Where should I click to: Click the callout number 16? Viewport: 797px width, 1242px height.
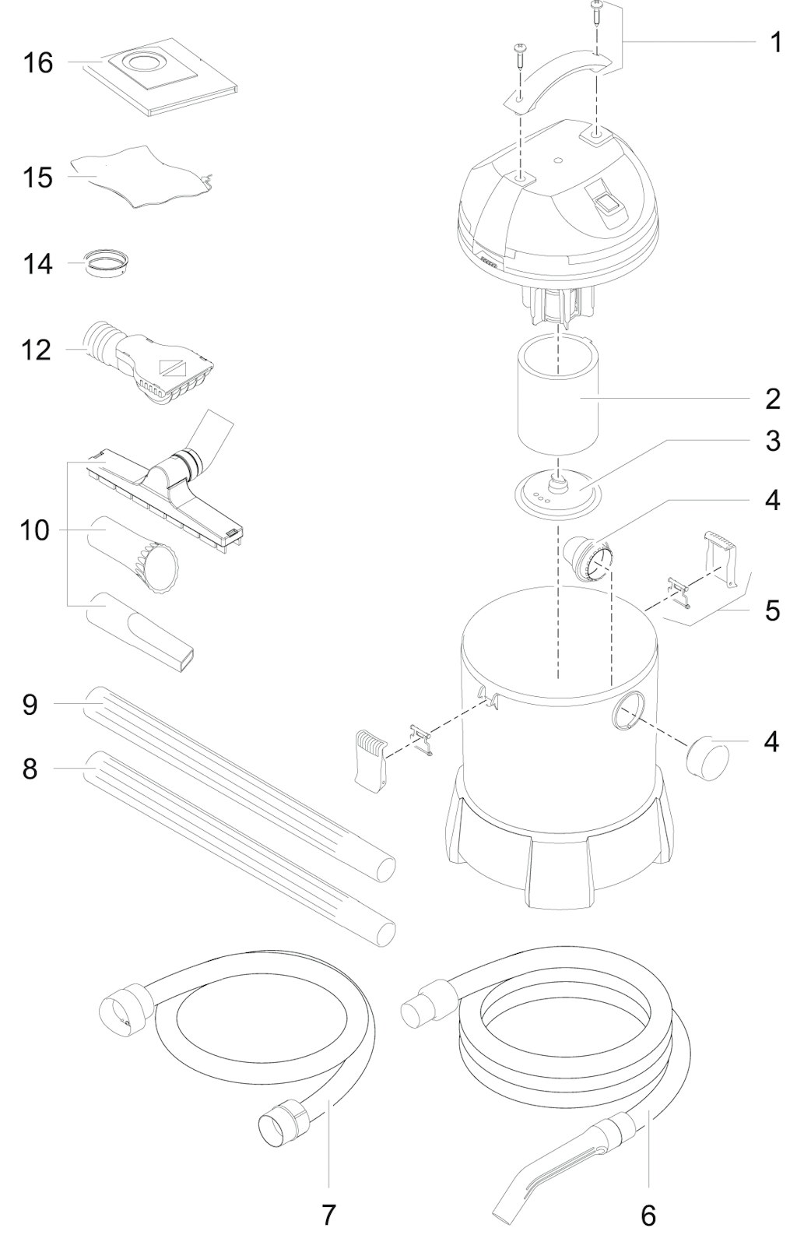[38, 62]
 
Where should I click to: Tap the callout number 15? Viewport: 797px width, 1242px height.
[37, 178]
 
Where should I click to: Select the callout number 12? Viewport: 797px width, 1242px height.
[37, 350]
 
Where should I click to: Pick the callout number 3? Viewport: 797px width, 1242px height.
[773, 441]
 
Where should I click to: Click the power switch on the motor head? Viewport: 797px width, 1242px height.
[606, 205]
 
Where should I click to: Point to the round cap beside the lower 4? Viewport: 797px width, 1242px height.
[707, 758]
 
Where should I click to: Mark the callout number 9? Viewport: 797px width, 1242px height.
[30, 705]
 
